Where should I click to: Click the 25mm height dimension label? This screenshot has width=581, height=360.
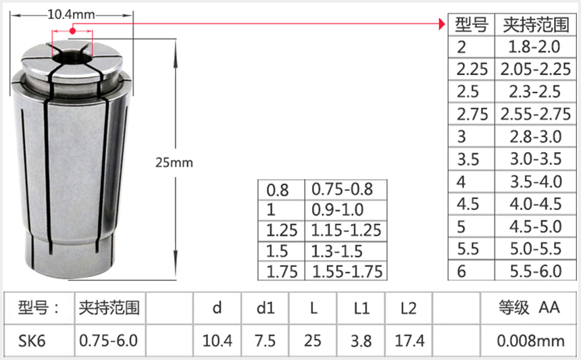(x=174, y=162)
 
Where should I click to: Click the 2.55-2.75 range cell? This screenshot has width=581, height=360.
(x=535, y=113)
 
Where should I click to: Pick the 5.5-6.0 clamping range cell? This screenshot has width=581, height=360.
(x=535, y=271)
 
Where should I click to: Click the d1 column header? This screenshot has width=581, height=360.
(x=266, y=309)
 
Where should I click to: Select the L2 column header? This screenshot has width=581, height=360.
(x=409, y=309)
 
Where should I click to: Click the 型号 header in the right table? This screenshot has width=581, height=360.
(x=471, y=26)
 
